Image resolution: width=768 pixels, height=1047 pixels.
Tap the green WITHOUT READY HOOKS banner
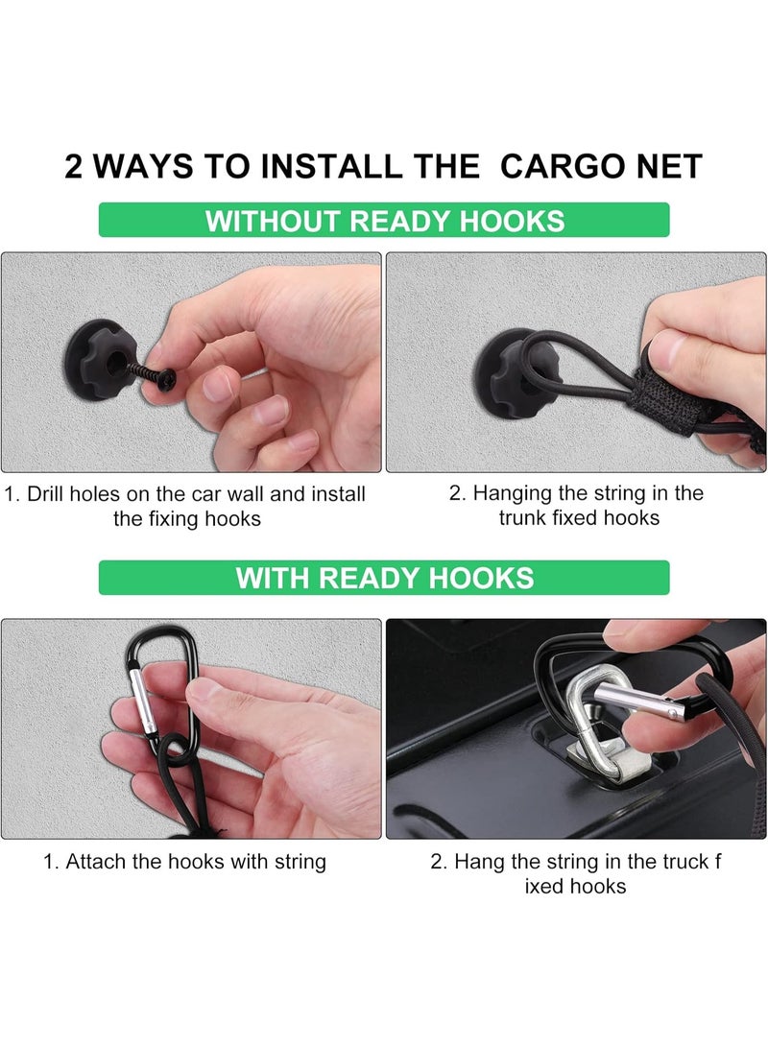tap(384, 220)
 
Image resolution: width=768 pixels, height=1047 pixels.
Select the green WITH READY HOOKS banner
tap(384, 578)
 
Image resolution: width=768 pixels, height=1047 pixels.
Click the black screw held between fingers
tap(156, 372)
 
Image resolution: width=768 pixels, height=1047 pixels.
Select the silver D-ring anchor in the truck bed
tap(600, 727)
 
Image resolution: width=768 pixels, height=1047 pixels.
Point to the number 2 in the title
tap(74, 166)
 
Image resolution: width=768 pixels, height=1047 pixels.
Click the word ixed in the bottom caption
tap(541, 887)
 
